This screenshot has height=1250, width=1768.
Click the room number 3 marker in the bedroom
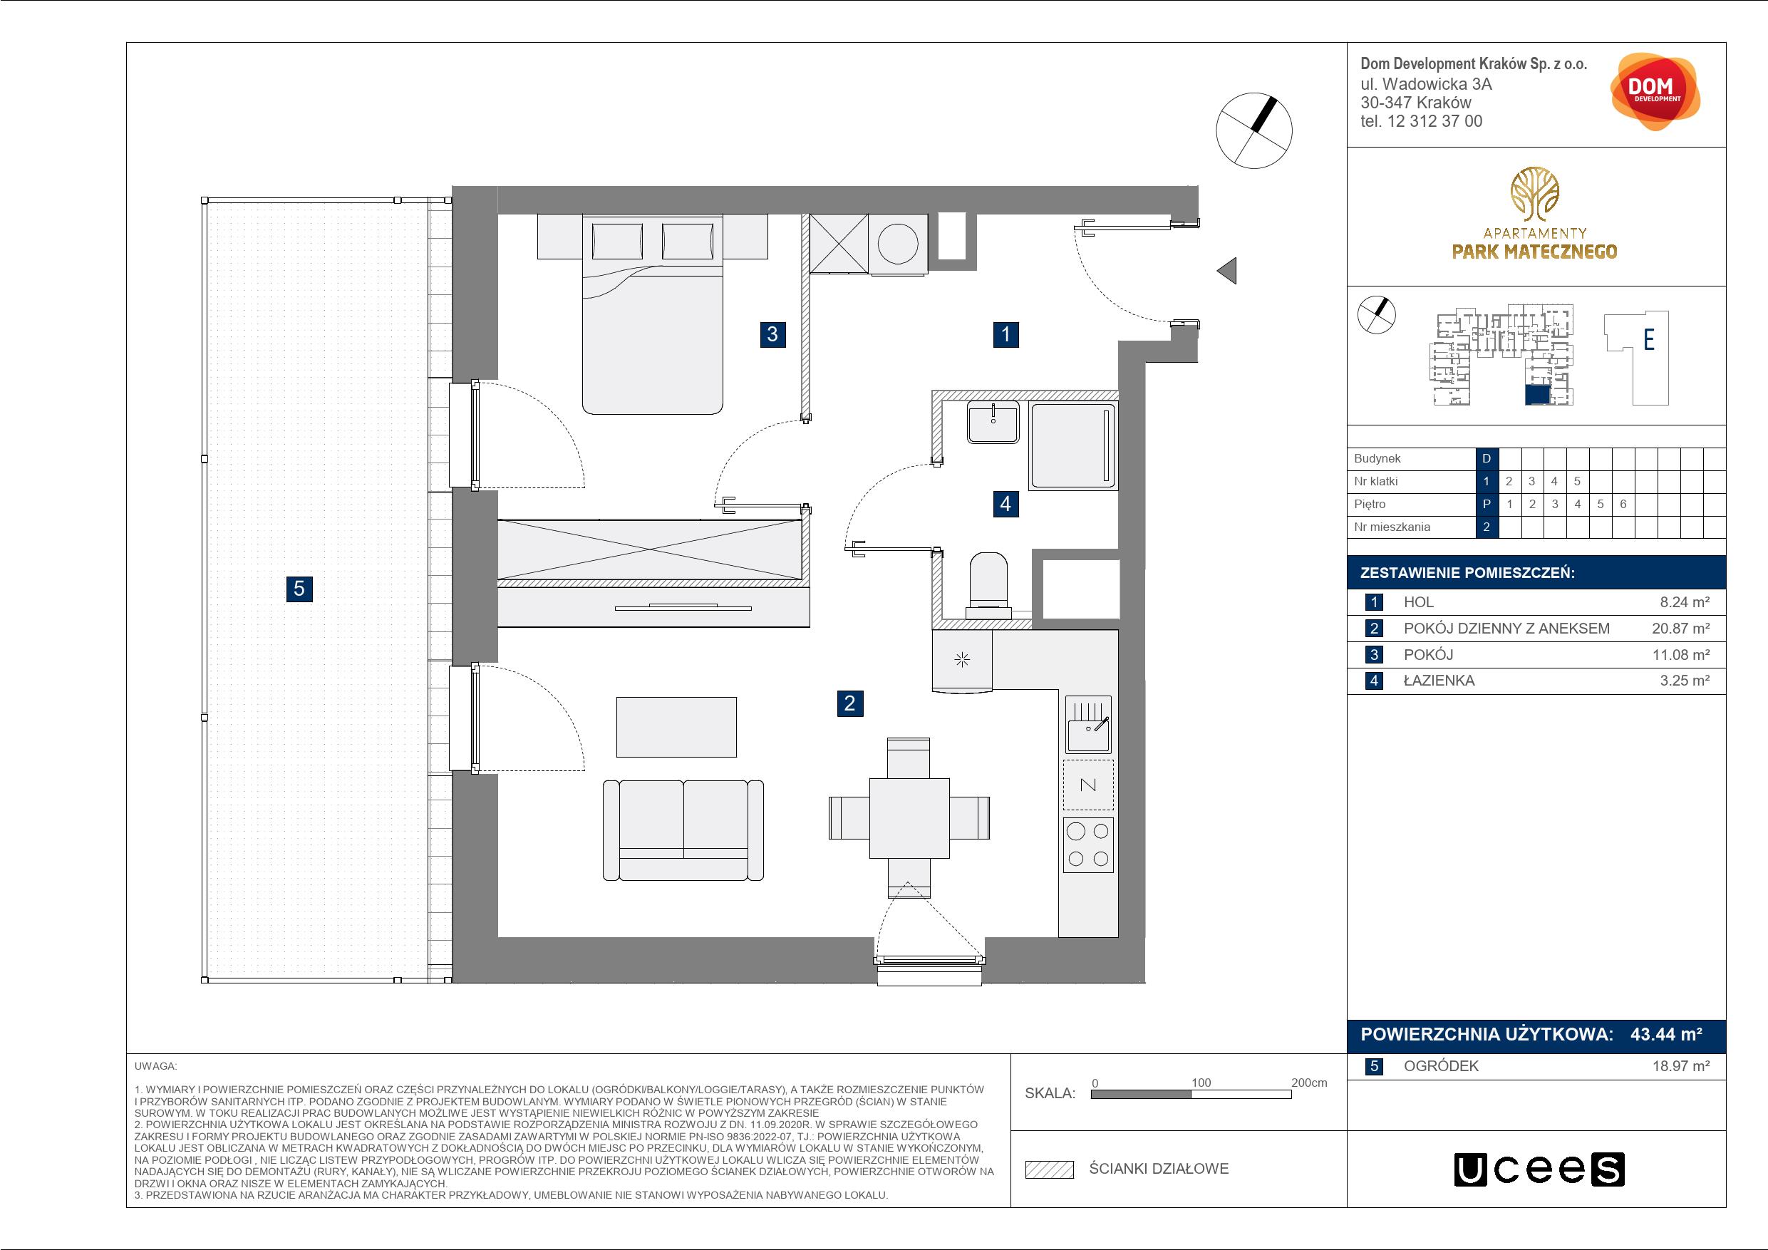[772, 334]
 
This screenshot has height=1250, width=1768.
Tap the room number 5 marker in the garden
[299, 589]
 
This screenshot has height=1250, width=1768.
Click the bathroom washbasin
[993, 422]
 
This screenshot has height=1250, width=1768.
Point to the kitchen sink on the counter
[1088, 724]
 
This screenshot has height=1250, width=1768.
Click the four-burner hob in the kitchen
[1088, 845]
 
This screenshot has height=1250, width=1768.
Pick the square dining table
[909, 817]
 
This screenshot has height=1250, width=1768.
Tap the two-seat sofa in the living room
[683, 830]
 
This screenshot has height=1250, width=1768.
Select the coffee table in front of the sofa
[676, 727]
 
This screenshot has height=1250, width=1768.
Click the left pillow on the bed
[618, 242]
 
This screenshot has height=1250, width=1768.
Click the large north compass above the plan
[1253, 130]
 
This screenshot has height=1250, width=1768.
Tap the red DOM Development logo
[1655, 91]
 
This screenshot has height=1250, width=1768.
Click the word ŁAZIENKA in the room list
[1439, 681]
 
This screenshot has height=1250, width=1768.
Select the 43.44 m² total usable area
[1666, 1034]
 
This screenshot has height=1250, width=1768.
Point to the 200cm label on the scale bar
[1309, 1083]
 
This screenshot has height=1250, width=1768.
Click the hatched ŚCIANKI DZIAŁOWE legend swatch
[1050, 1169]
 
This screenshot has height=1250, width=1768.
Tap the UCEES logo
[1539, 1169]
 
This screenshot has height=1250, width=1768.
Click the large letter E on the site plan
[1649, 340]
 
